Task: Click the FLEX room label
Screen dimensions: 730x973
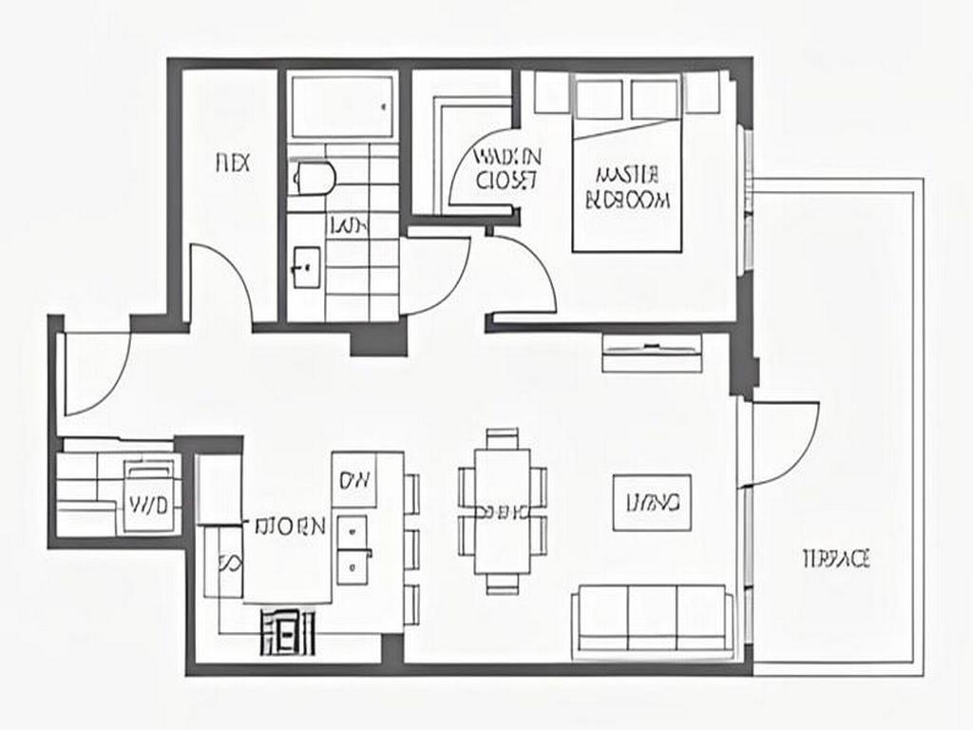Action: pos(233,163)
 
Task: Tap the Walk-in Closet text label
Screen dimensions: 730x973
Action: pos(506,167)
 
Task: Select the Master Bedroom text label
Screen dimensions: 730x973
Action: pos(628,187)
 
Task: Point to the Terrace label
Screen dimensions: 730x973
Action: pos(836,558)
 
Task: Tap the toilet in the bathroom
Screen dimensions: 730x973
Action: pos(314,177)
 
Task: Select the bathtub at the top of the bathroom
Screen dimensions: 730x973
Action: pos(342,106)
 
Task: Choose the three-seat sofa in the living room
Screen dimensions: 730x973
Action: pos(653,619)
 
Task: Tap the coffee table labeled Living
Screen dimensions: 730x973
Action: pos(652,502)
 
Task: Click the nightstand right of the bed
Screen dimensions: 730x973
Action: pos(701,93)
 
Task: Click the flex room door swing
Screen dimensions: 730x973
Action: pos(220,285)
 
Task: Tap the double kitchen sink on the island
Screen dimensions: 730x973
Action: pos(353,548)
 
